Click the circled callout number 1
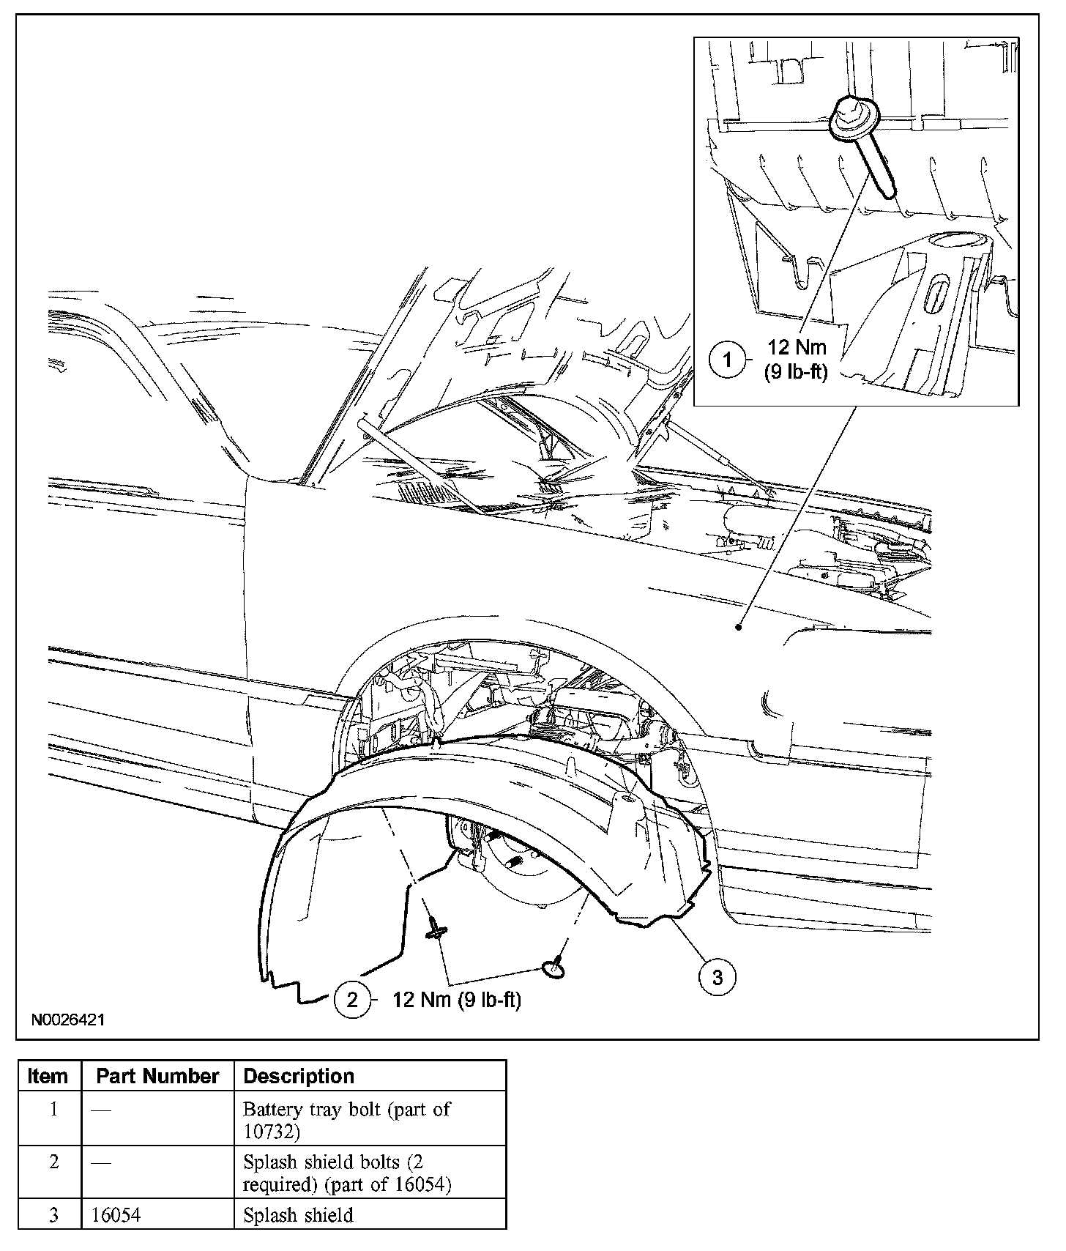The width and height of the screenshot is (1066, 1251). point(727,360)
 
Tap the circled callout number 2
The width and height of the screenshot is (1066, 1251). point(352,1000)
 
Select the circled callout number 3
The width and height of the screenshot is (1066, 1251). point(717,976)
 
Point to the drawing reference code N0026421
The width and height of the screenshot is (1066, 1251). point(68,1019)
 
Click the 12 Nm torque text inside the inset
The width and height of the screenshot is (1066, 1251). point(797,346)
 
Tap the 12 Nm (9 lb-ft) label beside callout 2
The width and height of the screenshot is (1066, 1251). point(457,1000)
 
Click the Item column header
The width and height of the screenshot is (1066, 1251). point(48,1076)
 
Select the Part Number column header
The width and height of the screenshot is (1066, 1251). point(157,1076)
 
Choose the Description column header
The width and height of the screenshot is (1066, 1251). point(299,1076)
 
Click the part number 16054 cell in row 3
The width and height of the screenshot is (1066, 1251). point(116,1215)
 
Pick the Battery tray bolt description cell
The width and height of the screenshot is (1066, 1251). point(346,1120)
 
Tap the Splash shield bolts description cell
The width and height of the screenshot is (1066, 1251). point(346,1173)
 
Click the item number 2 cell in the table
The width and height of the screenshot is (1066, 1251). point(53,1162)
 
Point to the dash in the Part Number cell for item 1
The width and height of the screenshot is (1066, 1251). point(101,1110)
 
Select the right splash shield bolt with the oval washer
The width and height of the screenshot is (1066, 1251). point(554,968)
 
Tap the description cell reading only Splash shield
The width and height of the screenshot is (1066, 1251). point(298,1215)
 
